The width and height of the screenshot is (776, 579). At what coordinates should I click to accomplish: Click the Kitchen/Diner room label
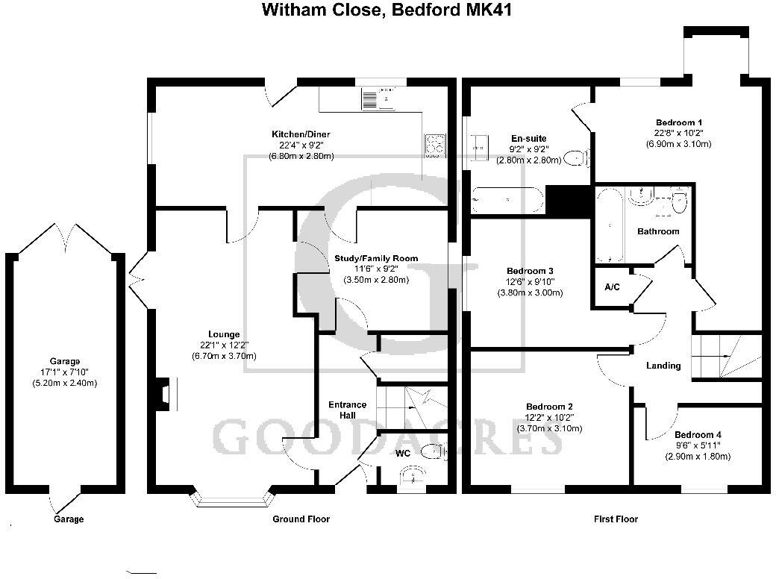tap(301, 134)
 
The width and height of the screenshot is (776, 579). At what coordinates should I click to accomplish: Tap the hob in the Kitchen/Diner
tap(435, 143)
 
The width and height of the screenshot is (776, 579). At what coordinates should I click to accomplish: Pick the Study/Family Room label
tap(376, 258)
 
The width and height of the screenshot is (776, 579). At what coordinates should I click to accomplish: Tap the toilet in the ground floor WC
tap(431, 450)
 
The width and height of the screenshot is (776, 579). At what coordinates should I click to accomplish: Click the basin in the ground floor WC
tap(410, 476)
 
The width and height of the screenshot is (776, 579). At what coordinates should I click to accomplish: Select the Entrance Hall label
tap(348, 410)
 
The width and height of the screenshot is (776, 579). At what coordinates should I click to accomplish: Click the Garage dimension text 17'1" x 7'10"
tap(65, 372)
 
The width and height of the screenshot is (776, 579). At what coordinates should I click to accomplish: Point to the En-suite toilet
tap(575, 158)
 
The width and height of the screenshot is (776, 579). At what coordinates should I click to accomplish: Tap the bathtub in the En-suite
tap(507, 199)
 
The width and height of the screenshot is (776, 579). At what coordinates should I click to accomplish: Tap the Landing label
tap(663, 366)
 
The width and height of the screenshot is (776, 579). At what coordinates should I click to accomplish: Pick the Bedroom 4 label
tap(698, 434)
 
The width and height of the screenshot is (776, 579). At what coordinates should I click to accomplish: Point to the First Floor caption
tap(616, 519)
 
